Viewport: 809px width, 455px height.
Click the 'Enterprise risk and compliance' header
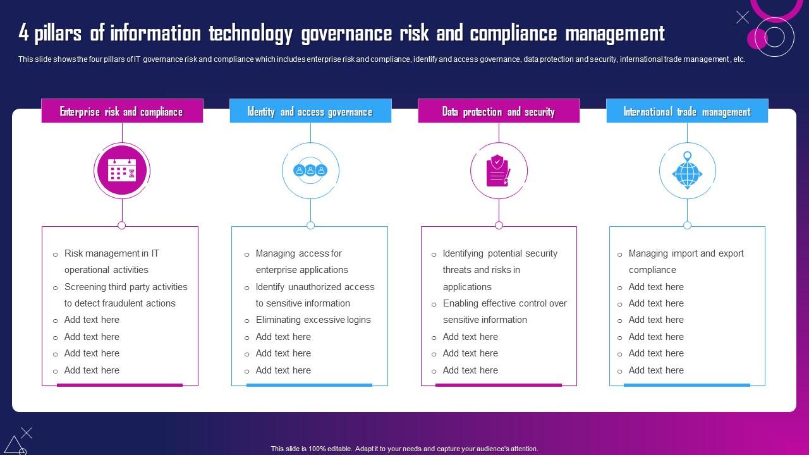tap(122, 111)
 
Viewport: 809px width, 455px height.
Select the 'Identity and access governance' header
tap(310, 111)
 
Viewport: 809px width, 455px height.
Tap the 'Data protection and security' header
tap(499, 111)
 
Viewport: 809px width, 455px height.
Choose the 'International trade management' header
tap(687, 111)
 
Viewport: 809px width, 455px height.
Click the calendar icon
tap(122, 171)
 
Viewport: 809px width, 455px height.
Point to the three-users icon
tap(310, 170)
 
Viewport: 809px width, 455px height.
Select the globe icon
tap(687, 171)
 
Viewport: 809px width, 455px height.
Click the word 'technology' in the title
tap(251, 33)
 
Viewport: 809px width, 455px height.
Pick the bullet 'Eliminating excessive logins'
tap(313, 320)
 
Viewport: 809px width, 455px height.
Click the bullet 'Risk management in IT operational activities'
tap(112, 262)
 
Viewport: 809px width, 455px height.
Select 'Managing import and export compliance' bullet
tap(686, 262)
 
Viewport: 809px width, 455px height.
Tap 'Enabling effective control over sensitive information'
tap(504, 312)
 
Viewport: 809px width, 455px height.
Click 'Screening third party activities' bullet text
tap(126, 287)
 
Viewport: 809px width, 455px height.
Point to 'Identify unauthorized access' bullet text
tap(315, 287)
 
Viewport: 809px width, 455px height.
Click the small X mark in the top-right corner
tap(743, 17)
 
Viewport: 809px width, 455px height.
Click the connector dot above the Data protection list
tap(499, 226)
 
